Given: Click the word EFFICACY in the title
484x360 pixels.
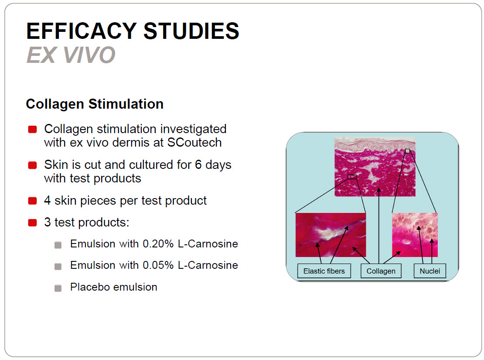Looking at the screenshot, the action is click(x=82, y=31).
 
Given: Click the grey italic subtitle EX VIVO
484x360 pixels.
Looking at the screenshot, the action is click(x=71, y=55).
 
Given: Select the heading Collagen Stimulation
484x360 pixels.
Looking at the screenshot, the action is click(x=95, y=104).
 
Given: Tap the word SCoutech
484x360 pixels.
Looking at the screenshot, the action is click(x=194, y=142).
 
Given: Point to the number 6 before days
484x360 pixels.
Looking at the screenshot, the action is click(x=198, y=165).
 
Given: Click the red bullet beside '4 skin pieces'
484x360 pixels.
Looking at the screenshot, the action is click(x=32, y=201).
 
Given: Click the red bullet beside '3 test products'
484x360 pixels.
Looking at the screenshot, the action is click(x=32, y=223).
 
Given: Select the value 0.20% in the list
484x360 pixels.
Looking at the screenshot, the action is click(x=158, y=244).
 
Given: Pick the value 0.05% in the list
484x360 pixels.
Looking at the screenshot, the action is click(x=158, y=265).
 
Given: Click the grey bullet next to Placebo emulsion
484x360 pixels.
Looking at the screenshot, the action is click(x=58, y=288).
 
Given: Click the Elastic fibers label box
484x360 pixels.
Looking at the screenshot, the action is click(x=324, y=271).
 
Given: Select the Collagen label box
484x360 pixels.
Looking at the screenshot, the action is click(x=381, y=271).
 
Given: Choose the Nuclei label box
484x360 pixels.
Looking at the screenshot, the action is click(x=429, y=271).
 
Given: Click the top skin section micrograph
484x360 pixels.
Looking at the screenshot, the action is click(x=375, y=167).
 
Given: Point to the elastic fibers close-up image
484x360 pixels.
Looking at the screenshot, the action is click(x=331, y=235).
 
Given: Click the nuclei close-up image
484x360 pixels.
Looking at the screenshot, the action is click(x=415, y=235).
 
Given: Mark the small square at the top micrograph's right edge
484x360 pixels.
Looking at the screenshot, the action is click(x=407, y=151).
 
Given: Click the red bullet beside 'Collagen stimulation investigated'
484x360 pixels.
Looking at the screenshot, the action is click(x=32, y=129).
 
